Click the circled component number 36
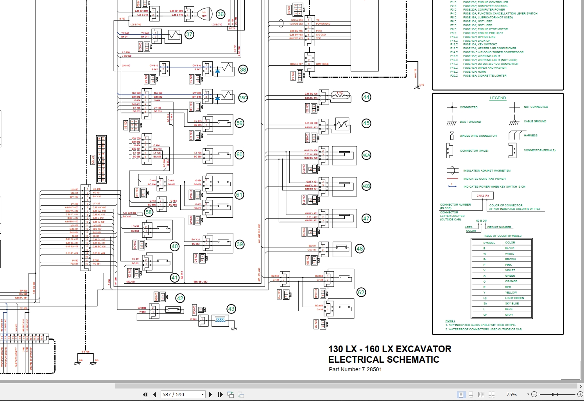pos(220,14)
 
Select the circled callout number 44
pos(366,97)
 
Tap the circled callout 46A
pos(366,155)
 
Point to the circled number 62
pos(361,292)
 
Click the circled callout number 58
pos(149,212)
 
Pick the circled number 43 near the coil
pos(231,309)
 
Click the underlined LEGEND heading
pos(498,98)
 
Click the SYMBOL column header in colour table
pos(489,243)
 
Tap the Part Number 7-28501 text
pos(355,369)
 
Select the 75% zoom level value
pos(511,394)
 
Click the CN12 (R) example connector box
pos(483,195)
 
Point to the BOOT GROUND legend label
pos(470,122)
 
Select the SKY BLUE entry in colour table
pos(512,304)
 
